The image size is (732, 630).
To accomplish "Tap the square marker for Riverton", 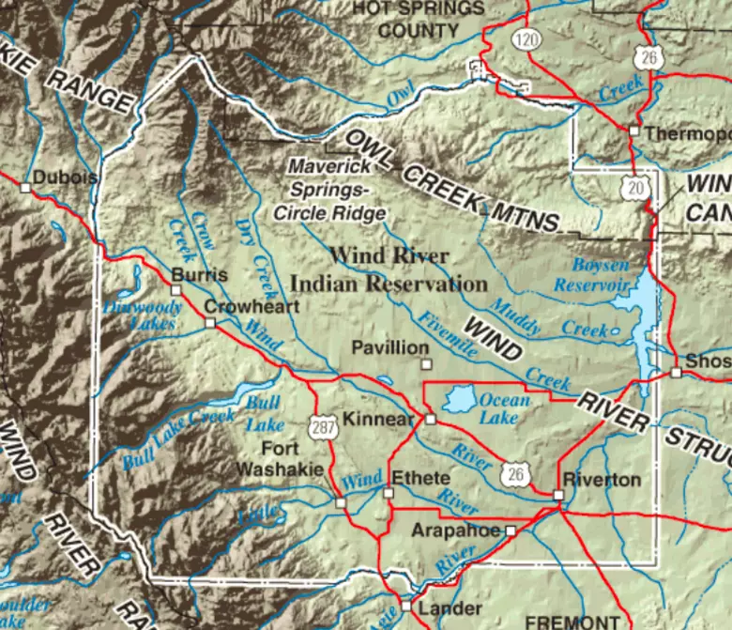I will pos(557,494).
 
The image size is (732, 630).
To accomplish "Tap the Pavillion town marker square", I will pos(426,364).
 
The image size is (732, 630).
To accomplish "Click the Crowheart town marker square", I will pos(210,322).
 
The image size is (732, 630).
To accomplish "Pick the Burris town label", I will pos(200,275).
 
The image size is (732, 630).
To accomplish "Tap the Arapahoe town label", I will pos(456,530).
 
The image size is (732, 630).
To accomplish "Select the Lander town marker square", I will pos(406,607).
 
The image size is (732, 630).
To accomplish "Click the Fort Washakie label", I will pos(281,458).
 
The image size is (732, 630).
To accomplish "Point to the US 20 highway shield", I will pos(636,188).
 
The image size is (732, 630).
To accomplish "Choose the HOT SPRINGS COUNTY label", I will pos(419,19).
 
